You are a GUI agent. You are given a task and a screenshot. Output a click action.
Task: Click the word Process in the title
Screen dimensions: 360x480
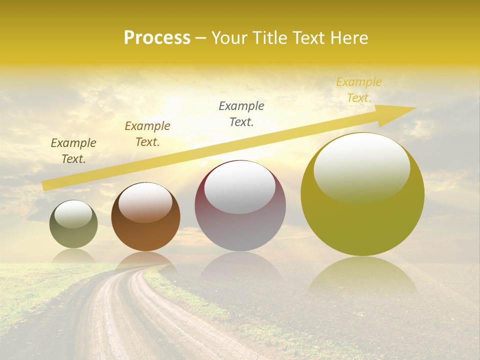pyautogui.click(x=157, y=38)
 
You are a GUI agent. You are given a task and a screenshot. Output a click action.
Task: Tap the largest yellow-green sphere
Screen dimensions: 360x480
pyautogui.click(x=362, y=220)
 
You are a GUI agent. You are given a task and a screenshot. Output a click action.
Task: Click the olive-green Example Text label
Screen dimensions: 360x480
pyautogui.click(x=73, y=151)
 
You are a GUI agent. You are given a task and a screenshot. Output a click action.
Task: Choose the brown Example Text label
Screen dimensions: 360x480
pyautogui.click(x=147, y=134)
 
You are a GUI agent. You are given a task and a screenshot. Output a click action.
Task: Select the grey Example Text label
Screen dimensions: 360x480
pyautogui.click(x=241, y=114)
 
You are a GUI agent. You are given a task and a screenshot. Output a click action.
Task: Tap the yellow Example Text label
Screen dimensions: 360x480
pyautogui.click(x=359, y=90)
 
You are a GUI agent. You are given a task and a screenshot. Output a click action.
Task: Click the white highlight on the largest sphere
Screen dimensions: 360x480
pyautogui.click(x=362, y=167)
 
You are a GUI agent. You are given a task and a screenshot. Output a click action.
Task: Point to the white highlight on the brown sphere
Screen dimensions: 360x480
pyautogui.click(x=145, y=201)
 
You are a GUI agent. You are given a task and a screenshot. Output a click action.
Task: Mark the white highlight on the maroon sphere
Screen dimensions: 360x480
pyautogui.click(x=240, y=187)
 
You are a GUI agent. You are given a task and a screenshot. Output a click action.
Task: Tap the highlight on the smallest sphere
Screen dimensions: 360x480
pyautogui.click(x=73, y=214)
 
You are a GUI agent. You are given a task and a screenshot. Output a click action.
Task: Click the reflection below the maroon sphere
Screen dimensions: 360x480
pyautogui.click(x=240, y=267)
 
